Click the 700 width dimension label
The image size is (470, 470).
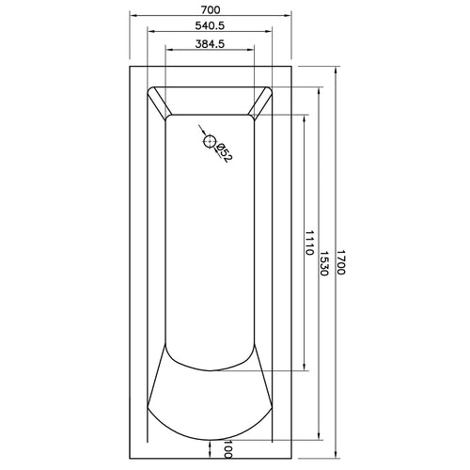[x=211, y=9]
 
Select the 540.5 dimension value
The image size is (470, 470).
[x=210, y=25]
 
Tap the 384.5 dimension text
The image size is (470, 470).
[x=210, y=44]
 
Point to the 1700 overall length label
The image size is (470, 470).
[x=341, y=262]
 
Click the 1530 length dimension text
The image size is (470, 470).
[x=324, y=263]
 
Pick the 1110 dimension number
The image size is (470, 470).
[x=309, y=243]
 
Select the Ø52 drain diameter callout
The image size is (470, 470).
[x=225, y=152]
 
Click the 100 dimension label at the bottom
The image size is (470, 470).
[x=228, y=448]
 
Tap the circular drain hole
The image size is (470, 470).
[x=210, y=142]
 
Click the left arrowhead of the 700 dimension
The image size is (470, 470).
[x=134, y=15]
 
